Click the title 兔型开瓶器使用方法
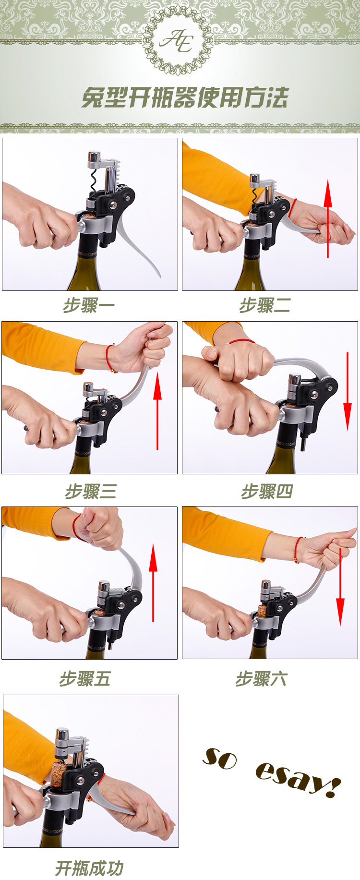coord(184,98)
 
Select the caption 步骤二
coord(265,305)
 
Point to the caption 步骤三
coord(91,492)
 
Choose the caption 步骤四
coord(267,492)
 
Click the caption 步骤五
coord(85,679)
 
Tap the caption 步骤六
coord(261,679)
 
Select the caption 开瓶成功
coord(90,868)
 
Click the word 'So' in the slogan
coord(220,758)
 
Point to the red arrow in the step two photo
coord(328,218)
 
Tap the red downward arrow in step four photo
coord(348,391)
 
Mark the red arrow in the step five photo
coord(153,583)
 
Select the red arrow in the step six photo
coord(340,587)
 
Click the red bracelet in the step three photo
coord(110,358)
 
